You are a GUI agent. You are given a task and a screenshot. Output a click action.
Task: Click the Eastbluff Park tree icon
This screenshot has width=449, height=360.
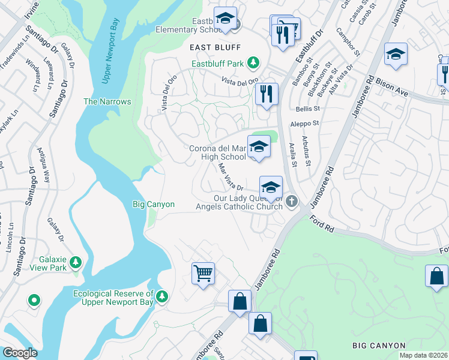254,62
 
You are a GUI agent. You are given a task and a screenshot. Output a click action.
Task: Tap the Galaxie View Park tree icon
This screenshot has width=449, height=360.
76,262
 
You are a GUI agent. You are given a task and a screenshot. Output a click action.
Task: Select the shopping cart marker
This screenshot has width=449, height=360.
203,274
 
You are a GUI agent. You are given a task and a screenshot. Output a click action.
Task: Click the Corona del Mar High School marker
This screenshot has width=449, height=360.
258,147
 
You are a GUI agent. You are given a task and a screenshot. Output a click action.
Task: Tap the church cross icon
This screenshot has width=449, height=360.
291,201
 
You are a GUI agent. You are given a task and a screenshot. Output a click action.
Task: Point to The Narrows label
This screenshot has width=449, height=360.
107,101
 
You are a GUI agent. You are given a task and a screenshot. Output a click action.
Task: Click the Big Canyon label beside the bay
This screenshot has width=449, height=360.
153,205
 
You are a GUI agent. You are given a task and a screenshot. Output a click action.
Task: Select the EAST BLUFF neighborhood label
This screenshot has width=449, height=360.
215,47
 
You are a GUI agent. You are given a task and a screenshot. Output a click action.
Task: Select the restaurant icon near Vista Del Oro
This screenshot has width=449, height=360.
265,94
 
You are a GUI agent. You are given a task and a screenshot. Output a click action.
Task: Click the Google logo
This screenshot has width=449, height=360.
20,353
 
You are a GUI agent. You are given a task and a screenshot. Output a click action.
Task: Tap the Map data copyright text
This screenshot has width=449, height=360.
424,355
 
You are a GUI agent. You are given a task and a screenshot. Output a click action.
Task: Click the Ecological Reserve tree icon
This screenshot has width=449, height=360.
163,296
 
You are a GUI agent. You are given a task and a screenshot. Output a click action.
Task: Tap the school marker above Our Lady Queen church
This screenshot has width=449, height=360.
271,187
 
